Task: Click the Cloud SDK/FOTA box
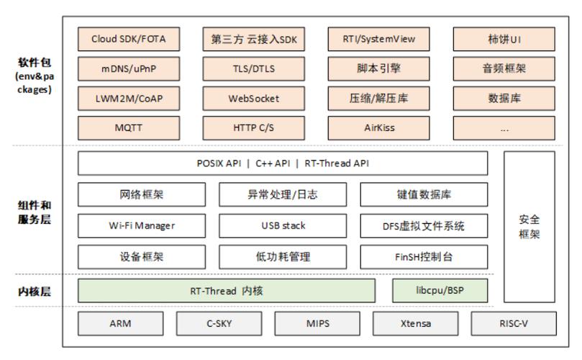(x=128, y=39)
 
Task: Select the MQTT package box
(x=128, y=128)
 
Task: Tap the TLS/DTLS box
(x=255, y=69)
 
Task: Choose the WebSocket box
(x=255, y=99)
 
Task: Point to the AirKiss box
(x=379, y=128)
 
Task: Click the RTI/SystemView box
(x=379, y=39)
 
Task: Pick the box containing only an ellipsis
(x=504, y=128)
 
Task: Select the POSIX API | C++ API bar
(x=282, y=163)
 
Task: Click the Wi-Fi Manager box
(x=141, y=226)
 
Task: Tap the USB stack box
(x=282, y=226)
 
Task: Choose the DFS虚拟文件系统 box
(x=423, y=226)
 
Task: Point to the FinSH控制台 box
(x=423, y=257)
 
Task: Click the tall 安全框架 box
(x=529, y=227)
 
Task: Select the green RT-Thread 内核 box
(x=226, y=291)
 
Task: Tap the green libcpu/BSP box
(x=440, y=291)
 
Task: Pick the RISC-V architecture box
(x=514, y=323)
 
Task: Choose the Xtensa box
(x=416, y=323)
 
